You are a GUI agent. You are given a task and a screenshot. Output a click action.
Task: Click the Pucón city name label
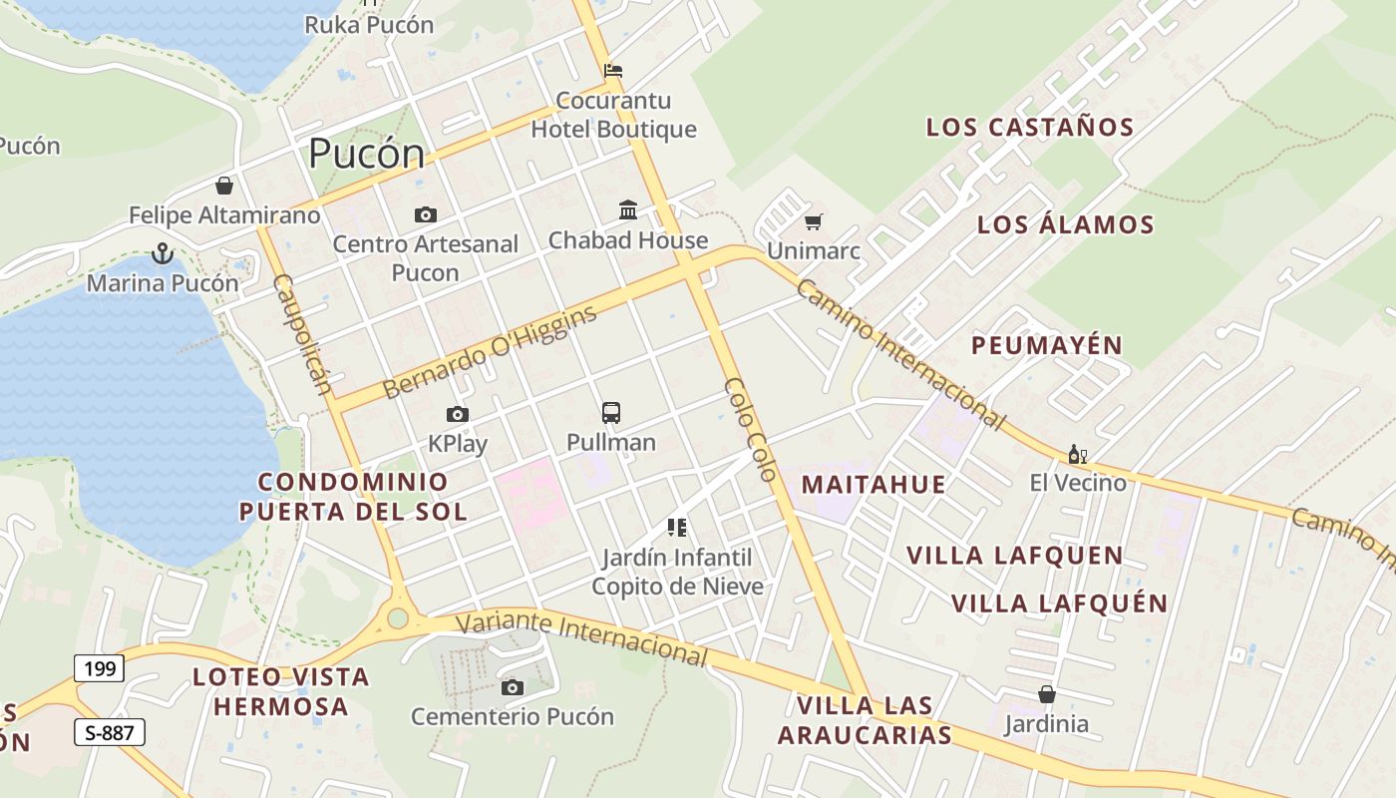pos(366,154)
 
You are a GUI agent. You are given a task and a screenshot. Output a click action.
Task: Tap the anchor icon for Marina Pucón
pos(163,254)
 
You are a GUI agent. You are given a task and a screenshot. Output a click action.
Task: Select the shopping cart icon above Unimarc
pos(814,221)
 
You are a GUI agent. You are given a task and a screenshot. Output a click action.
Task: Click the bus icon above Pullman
pos(611,412)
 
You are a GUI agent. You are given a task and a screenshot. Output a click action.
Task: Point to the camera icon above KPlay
pos(458,414)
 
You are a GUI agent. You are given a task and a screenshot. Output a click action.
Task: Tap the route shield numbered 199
pos(100,667)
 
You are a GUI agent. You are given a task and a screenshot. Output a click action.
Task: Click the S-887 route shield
pos(110,733)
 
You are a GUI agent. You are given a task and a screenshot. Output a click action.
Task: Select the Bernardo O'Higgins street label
pos(489,351)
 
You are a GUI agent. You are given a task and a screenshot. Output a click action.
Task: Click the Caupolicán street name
pos(301,334)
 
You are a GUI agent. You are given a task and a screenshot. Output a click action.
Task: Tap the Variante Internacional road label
pos(581,638)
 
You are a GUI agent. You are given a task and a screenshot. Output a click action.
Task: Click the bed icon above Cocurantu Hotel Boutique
pos(613,71)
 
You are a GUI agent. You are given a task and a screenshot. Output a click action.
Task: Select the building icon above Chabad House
pos(628,209)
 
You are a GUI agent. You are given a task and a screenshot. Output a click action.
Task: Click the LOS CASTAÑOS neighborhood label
pos(1030,128)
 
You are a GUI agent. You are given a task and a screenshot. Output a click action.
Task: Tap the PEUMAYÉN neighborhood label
pos(1047,345)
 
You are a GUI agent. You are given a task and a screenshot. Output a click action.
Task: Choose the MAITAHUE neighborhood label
pos(873,485)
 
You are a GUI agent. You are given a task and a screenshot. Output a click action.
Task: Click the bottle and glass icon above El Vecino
pos(1077,455)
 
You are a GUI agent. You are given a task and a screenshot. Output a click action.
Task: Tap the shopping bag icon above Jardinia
pos(1047,694)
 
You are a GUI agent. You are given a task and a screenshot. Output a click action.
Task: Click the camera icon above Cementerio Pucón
pos(513,687)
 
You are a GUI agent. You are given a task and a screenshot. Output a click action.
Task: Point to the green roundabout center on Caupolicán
pos(398,618)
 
